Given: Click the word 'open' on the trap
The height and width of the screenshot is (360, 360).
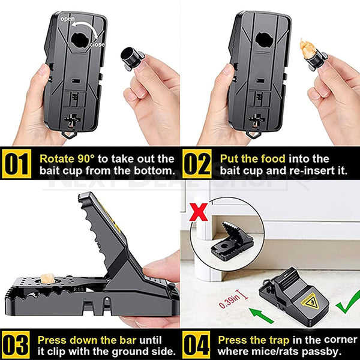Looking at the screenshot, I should tap(68, 20).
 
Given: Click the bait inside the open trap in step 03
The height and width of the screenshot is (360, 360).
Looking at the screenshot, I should tap(46, 278).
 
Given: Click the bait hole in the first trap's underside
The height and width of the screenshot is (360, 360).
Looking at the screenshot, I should tap(79, 40).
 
